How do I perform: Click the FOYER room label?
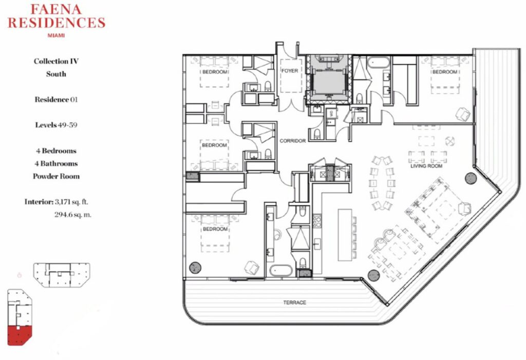click(x=290, y=71)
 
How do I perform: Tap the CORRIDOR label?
click(x=292, y=141)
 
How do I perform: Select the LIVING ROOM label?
click(x=426, y=166)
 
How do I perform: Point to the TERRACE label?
click(x=294, y=302)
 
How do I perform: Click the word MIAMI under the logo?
click(x=57, y=35)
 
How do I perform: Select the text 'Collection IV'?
click(x=56, y=62)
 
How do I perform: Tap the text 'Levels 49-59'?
click(x=56, y=125)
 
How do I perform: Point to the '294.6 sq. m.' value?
click(x=73, y=215)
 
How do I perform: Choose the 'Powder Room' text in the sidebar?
click(x=56, y=177)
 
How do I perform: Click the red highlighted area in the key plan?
click(x=20, y=334)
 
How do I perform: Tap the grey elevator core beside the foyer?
click(x=328, y=80)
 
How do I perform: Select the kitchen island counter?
click(x=345, y=235)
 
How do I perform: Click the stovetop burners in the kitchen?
click(x=316, y=222)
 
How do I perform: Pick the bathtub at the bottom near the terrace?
click(x=280, y=271)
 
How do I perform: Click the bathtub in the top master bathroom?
click(x=378, y=63)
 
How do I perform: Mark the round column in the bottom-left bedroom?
click(x=195, y=268)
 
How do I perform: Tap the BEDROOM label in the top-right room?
click(x=444, y=72)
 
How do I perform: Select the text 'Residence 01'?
click(x=56, y=100)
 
